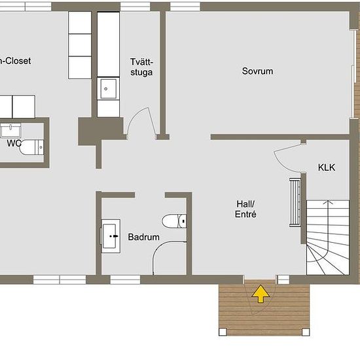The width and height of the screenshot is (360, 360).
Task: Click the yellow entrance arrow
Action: pos(261,294)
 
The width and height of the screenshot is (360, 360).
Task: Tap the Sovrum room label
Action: pos(257,71)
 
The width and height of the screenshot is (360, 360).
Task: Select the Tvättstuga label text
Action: pos(141,67)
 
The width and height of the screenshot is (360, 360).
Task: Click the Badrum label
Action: pos(144,237)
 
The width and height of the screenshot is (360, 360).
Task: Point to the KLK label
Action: pos(327,168)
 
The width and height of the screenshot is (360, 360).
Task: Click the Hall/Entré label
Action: pos(245,209)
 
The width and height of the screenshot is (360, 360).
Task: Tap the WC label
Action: pos(14,143)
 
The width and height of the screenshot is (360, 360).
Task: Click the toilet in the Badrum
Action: pos(174,221)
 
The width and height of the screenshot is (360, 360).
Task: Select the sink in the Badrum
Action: pos(111,236)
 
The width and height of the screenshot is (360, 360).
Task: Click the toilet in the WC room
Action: pos(31,147)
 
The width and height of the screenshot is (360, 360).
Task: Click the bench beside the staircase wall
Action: pos(295,202)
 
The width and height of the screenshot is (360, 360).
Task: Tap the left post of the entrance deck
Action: pos(223,332)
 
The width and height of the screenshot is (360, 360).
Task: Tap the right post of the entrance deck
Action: pos(306,332)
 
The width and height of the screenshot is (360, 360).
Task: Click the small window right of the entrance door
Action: pos(283,279)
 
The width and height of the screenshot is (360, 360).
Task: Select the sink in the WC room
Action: pos(10,130)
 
